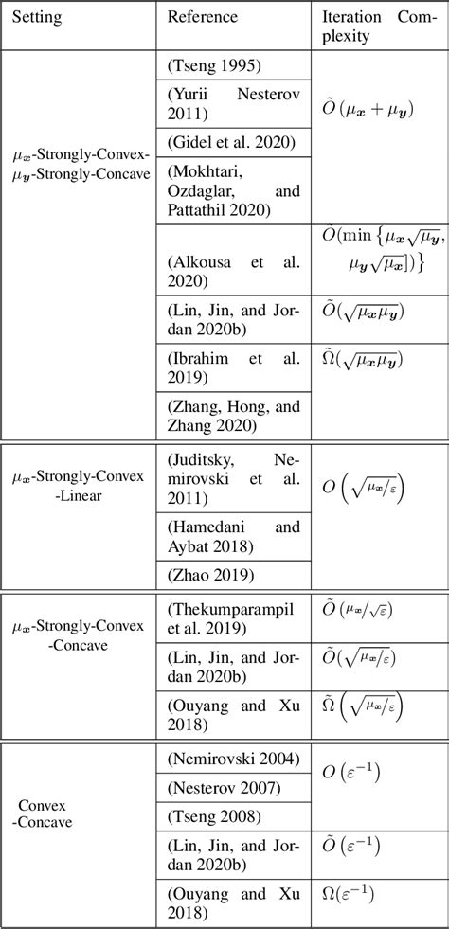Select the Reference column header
[x=202, y=18]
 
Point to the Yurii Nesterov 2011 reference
[x=233, y=104]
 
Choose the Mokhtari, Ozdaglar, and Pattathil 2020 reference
[x=233, y=191]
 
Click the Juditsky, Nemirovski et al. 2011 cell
[x=233, y=479]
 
